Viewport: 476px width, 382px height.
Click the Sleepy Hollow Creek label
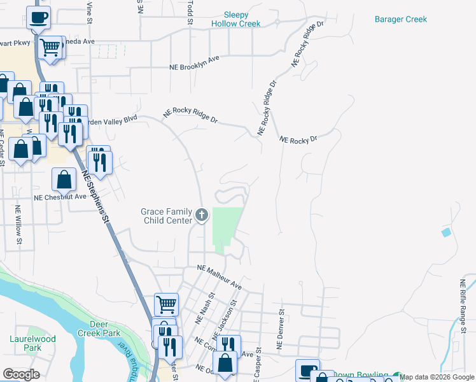[236, 19]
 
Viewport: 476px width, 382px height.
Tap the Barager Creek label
[400, 19]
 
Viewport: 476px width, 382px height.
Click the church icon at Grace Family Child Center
[202, 215]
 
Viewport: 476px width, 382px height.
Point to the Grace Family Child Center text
[166, 216]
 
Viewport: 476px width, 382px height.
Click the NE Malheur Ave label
[220, 277]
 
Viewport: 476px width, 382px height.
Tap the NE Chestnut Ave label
[60, 197]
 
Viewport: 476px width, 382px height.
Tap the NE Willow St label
[18, 224]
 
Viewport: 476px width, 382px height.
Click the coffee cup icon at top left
[39, 17]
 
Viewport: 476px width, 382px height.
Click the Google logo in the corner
[21, 374]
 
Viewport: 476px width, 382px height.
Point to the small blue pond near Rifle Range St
[445, 232]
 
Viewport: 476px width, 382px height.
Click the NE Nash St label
[209, 299]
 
